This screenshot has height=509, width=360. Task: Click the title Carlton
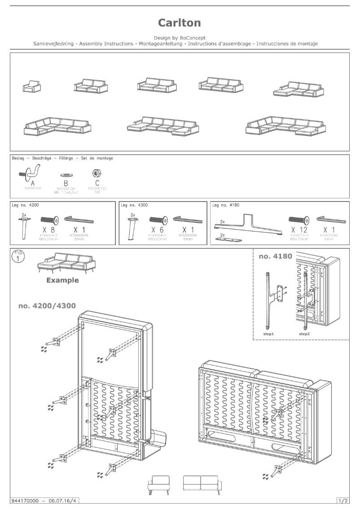[180, 23]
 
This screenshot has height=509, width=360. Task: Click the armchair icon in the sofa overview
[32, 87]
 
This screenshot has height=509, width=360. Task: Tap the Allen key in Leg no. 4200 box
[79, 219]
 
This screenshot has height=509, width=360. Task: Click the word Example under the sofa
[62, 280]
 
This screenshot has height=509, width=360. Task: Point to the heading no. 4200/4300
[47, 306]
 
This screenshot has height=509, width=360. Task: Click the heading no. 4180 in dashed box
[276, 257]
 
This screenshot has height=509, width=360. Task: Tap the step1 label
[269, 334]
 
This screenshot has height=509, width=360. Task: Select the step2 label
[305, 334]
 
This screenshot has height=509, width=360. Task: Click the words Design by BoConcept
[180, 38]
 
